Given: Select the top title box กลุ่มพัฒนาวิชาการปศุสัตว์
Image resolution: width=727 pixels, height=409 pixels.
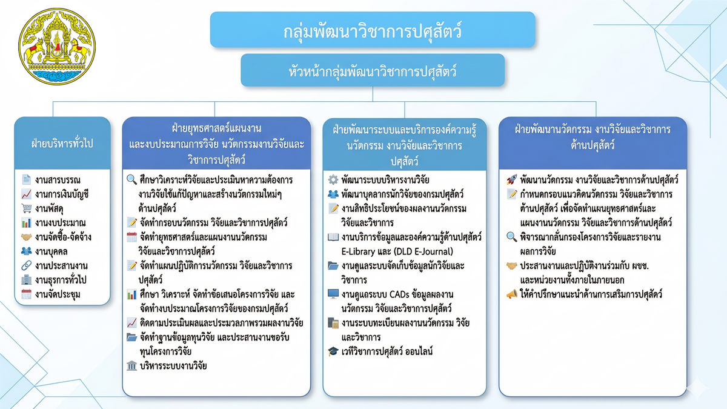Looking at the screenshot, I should point(372,30).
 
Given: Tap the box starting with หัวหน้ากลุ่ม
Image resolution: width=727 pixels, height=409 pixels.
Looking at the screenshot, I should point(372,70).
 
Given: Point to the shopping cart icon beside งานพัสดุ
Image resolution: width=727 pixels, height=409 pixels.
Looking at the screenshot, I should point(26,208).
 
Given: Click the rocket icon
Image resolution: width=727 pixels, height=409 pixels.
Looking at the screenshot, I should point(511,180).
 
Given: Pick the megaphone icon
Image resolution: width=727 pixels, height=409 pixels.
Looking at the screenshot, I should point(511,294).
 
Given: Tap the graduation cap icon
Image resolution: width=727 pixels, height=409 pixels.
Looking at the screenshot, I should point(333,351).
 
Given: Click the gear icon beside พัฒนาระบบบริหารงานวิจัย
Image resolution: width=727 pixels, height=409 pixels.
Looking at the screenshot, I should point(333,180).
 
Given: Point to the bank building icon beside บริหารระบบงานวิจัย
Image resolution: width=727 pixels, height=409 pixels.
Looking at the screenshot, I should point(131,365).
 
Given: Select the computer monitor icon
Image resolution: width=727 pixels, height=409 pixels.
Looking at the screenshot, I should point(333,294).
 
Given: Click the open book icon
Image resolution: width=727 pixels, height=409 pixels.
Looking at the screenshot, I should point(333,237).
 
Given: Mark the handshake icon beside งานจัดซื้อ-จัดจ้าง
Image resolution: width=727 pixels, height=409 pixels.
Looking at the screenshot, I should point(26,237).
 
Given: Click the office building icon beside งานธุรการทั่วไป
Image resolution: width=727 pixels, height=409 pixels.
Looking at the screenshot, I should point(26,280).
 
